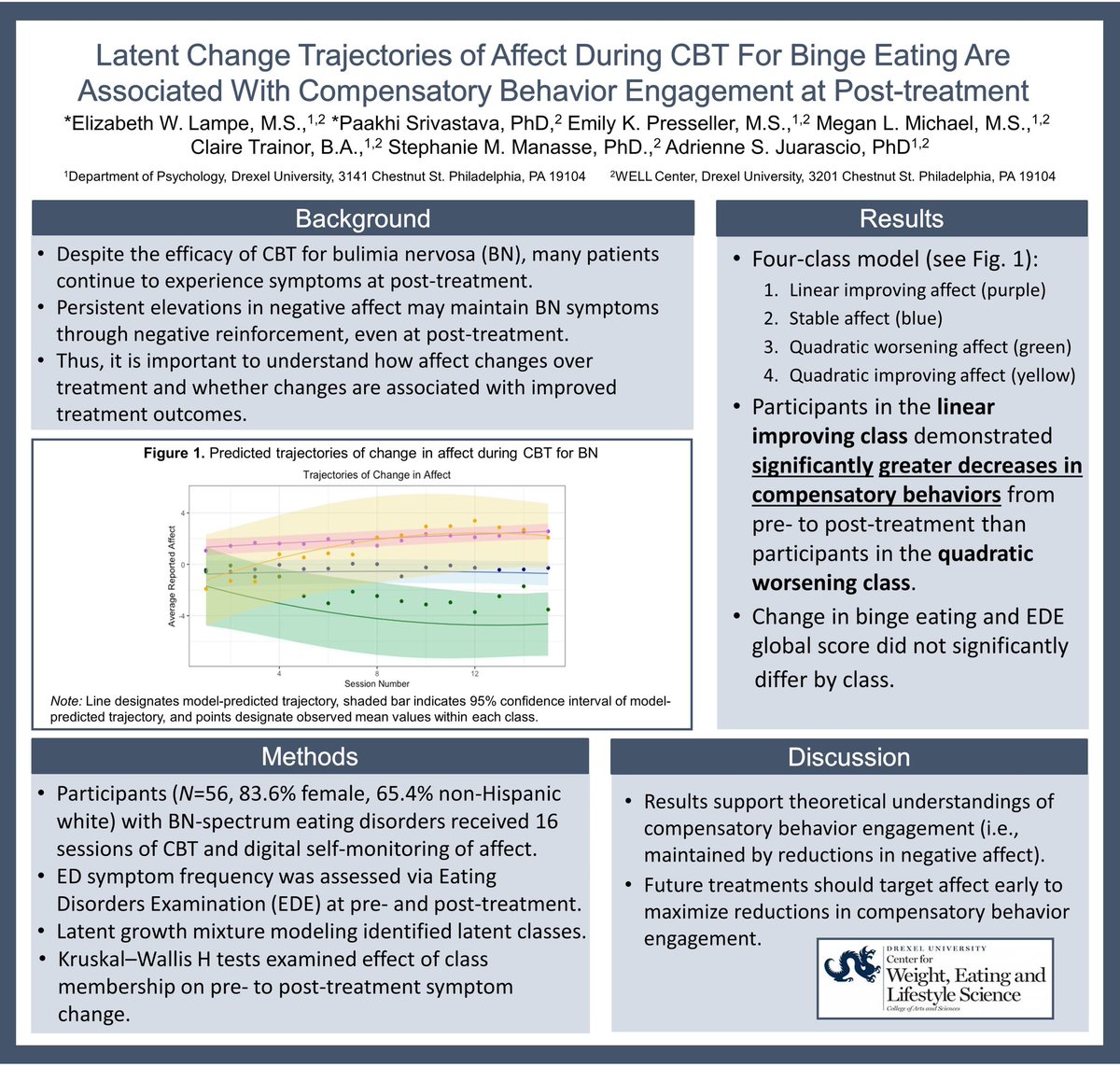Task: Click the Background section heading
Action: pyautogui.click(x=362, y=219)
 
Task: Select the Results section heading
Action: pyautogui.click(x=902, y=219)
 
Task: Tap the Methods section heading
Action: pyautogui.click(x=309, y=756)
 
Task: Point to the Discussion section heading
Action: pyautogui.click(x=848, y=757)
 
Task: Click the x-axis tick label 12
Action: pyautogui.click(x=474, y=673)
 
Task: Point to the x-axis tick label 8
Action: pyautogui.click(x=376, y=673)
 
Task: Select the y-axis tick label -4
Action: pyautogui.click(x=182, y=616)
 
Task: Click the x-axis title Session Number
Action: pyautogui.click(x=376, y=684)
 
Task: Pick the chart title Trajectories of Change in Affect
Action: pyautogui.click(x=377, y=475)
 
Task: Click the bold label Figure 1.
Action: pyautogui.click(x=174, y=454)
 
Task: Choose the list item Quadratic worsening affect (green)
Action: pyautogui.click(x=930, y=347)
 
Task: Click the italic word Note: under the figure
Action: pyautogui.click(x=67, y=701)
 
